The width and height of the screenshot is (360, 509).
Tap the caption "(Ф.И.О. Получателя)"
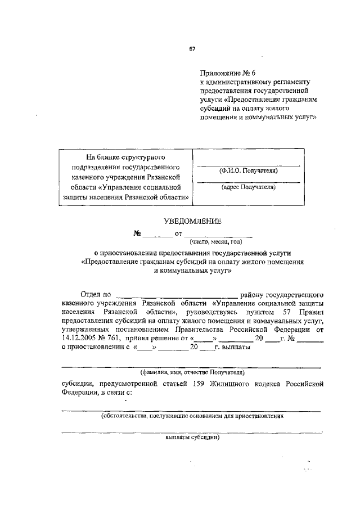[248, 170]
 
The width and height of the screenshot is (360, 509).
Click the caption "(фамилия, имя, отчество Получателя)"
[192, 372]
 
